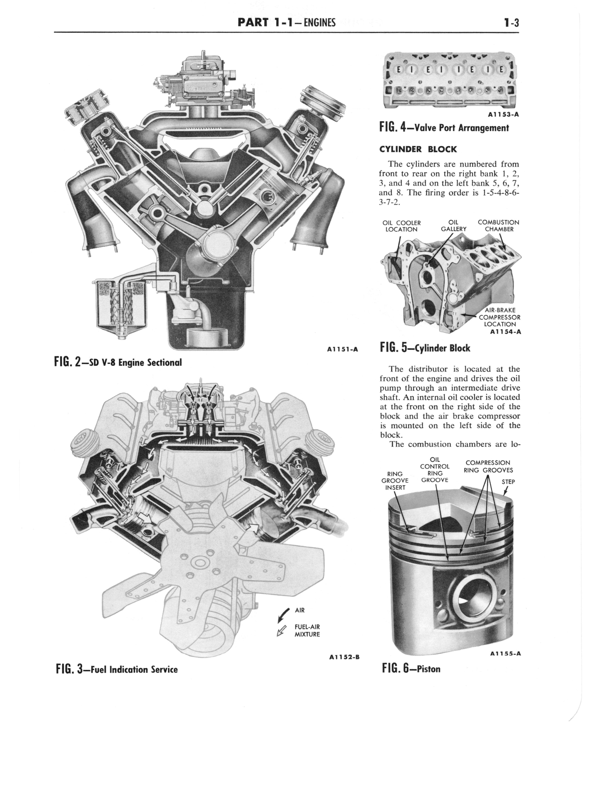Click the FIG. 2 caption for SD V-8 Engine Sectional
click(118, 362)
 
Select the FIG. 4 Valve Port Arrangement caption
click(444, 128)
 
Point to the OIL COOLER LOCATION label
click(401, 226)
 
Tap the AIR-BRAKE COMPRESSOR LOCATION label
click(499, 317)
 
